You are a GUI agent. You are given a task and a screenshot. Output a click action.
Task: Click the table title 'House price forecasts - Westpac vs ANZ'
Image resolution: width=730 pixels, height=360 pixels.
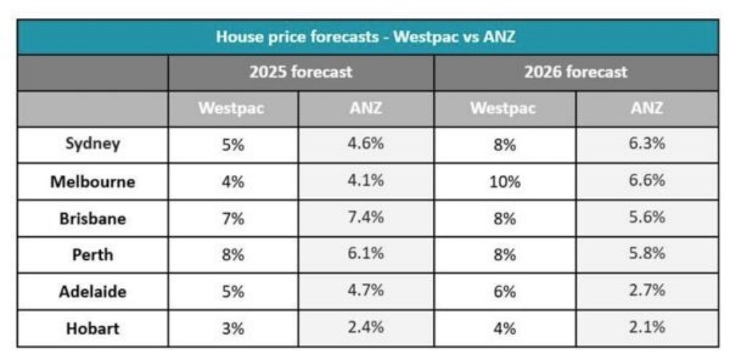click(366, 37)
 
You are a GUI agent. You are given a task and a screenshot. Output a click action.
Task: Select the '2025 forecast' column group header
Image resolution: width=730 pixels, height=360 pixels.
click(301, 72)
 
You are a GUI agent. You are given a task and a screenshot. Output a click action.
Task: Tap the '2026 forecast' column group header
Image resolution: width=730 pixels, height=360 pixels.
click(576, 72)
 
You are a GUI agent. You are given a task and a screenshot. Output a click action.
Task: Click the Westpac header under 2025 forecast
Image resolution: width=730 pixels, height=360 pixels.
click(232, 109)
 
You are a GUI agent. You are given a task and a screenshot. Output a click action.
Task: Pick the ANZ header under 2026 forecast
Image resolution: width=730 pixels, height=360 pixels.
click(646, 109)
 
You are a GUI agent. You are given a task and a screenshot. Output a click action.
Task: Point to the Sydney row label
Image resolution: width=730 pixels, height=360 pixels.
click(92, 143)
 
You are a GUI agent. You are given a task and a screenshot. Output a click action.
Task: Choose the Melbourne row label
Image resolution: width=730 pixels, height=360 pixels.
click(92, 181)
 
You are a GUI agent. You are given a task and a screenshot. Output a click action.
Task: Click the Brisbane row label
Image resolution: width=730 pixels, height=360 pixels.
click(92, 218)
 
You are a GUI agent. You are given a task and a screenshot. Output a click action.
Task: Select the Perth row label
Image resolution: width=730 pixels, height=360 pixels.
click(92, 255)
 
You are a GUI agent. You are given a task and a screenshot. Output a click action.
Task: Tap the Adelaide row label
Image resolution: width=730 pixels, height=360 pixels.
click(92, 292)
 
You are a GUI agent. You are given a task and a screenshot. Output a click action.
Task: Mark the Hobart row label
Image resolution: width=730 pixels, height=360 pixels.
click(92, 328)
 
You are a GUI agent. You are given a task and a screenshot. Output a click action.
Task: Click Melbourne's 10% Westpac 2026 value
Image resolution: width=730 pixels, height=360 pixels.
click(505, 181)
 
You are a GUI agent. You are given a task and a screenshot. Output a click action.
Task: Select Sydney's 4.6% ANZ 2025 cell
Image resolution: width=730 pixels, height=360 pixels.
click(366, 143)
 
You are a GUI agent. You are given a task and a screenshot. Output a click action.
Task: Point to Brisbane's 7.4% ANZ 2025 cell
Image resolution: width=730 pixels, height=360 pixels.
click(366, 218)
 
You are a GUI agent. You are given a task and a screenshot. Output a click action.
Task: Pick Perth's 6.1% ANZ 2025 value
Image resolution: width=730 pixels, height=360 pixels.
click(366, 255)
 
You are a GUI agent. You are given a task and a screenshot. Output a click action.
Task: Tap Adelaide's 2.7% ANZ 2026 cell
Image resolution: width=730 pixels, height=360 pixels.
click(646, 292)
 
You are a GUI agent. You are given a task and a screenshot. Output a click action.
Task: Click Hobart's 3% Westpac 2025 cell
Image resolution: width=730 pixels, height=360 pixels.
click(233, 328)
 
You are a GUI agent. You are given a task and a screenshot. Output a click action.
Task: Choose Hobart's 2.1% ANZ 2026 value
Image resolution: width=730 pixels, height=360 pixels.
click(646, 328)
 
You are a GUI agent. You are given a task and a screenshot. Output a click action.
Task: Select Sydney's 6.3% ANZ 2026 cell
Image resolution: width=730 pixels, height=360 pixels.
click(646, 143)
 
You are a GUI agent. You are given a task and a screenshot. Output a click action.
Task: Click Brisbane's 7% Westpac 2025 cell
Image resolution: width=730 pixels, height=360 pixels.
click(233, 218)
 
